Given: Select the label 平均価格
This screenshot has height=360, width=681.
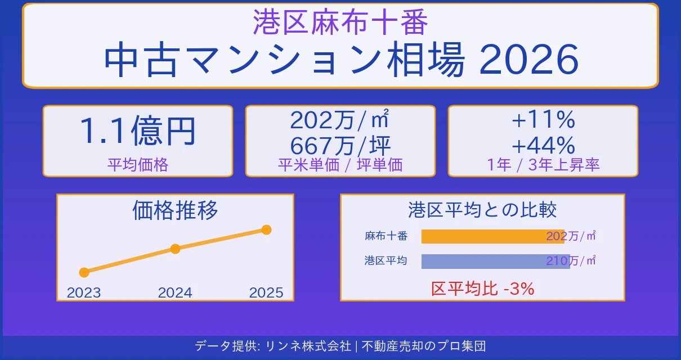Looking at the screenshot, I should pos(137,164).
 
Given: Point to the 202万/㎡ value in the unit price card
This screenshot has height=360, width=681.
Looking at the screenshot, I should pos(340,120).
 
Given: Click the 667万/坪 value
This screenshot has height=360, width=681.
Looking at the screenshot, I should pos(340,146).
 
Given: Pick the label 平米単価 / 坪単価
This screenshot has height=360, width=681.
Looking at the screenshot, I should pos(340,164).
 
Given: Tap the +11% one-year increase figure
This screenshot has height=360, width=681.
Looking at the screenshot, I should pos(543,120).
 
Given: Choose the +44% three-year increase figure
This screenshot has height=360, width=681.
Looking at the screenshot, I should pos(543,146).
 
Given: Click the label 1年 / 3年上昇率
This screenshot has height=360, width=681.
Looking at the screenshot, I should pos(543,164).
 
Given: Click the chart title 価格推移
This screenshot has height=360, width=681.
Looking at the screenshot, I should pos(175,210).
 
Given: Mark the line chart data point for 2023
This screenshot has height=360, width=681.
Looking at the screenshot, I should pos(84,272).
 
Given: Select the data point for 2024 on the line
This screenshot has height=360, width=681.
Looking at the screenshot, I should pos(175,249).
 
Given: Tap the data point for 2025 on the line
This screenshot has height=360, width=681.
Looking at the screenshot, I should pos(267,229).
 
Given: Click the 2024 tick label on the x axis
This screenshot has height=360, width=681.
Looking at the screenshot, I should pos(175,292).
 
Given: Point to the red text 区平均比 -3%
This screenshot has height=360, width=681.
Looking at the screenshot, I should pos(482,289).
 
